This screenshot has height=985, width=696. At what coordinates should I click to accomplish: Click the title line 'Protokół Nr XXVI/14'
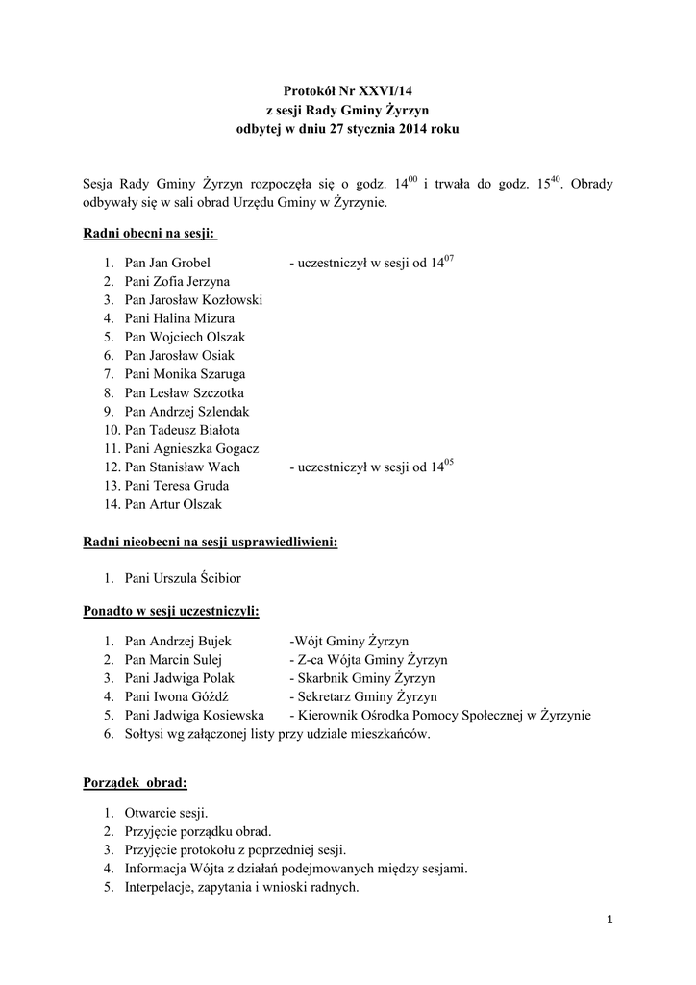tap(348, 90)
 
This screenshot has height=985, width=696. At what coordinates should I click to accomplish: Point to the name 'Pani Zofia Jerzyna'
tap(177, 281)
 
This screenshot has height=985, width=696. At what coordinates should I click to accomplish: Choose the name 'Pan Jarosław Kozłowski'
tap(193, 300)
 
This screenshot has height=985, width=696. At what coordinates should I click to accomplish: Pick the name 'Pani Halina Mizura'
tap(180, 318)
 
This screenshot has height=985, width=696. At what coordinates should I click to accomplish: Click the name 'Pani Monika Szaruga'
tap(185, 374)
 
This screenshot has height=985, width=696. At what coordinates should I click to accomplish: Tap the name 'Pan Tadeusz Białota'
tap(183, 430)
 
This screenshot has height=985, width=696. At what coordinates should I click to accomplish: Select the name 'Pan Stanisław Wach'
tap(183, 467)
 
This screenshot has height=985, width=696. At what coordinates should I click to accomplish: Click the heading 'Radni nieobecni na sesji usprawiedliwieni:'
tap(211, 543)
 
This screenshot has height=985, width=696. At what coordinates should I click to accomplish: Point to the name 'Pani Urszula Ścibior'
tap(183, 579)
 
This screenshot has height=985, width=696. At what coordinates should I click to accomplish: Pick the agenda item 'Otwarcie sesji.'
tap(166, 813)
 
